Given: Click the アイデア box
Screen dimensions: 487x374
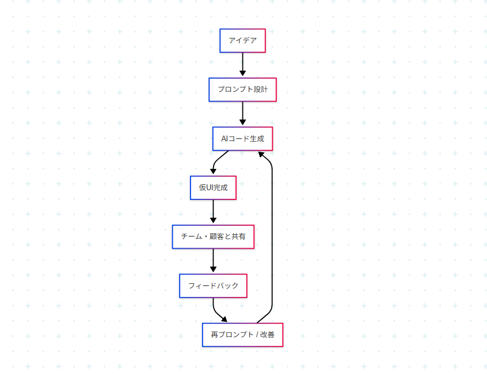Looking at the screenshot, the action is pyautogui.click(x=242, y=41).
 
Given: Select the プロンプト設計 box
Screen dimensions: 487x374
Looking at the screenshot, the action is pyautogui.click(x=242, y=90).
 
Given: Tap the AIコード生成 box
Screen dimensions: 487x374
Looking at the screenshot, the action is pyautogui.click(x=242, y=138).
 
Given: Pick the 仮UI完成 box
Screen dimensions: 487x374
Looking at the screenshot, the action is pyautogui.click(x=213, y=188).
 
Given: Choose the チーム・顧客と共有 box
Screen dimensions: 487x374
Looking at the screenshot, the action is pyautogui.click(x=213, y=237).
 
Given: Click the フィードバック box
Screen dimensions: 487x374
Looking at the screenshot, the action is pyautogui.click(x=213, y=286).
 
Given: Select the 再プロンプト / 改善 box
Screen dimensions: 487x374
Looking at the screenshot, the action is pyautogui.click(x=242, y=335).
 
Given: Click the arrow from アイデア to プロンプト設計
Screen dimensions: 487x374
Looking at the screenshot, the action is pyautogui.click(x=242, y=64).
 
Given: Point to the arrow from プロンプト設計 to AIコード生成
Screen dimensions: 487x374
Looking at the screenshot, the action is pyautogui.click(x=242, y=113).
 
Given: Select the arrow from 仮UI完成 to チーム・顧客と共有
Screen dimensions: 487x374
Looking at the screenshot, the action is pyautogui.click(x=213, y=211).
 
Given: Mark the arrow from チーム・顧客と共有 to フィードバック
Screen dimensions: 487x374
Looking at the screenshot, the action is pyautogui.click(x=213, y=260).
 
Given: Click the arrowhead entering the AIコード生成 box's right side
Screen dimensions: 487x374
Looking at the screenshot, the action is pyautogui.click(x=261, y=154).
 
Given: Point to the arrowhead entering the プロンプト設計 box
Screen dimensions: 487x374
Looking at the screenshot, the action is pyautogui.click(x=242, y=74).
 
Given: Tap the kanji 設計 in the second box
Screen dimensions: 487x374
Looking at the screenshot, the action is pyautogui.click(x=260, y=90).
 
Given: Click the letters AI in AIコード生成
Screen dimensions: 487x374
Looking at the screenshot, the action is pyautogui.click(x=225, y=138).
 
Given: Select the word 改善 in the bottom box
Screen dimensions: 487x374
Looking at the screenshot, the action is pyautogui.click(x=267, y=335).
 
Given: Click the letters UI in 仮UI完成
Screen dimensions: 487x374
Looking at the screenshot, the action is pyautogui.click(x=210, y=188).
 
